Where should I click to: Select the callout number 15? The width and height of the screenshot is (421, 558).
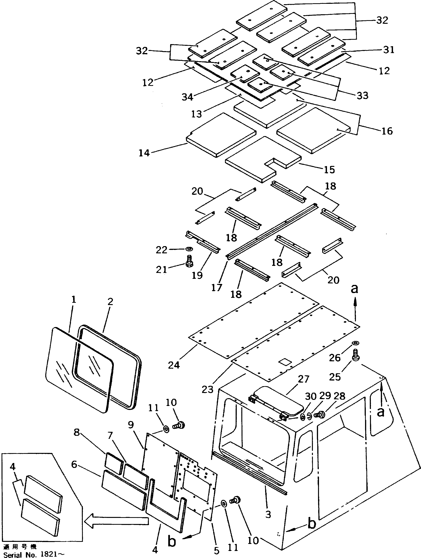click(329, 170)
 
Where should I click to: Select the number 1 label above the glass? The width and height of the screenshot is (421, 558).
click(73, 300)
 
